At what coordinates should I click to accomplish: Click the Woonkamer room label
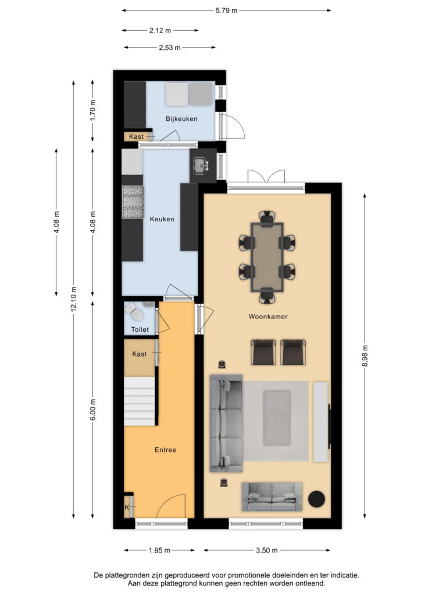point(267,317)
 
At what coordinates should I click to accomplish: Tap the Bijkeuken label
point(181,119)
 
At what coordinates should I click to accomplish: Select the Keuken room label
point(162,219)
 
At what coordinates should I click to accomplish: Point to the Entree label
point(165,450)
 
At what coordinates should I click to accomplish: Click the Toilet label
point(140,329)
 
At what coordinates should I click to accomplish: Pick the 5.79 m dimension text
point(226,10)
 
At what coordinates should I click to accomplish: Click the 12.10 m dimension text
point(74,299)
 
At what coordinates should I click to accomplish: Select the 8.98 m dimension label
point(365,356)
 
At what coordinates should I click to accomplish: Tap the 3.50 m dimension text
point(266,550)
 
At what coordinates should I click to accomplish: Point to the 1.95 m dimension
point(159,550)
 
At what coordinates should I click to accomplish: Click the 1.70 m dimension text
point(93,110)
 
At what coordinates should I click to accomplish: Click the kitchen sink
point(201,166)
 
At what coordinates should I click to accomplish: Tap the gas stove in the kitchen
point(133,202)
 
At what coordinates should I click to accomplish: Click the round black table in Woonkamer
point(316,499)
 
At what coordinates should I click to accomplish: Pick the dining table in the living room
point(267,257)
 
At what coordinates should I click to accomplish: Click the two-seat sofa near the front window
point(272,497)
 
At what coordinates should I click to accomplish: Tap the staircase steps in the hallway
point(140,401)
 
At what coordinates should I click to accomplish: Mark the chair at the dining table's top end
point(267,218)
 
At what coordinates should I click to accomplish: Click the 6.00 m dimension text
point(93,410)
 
